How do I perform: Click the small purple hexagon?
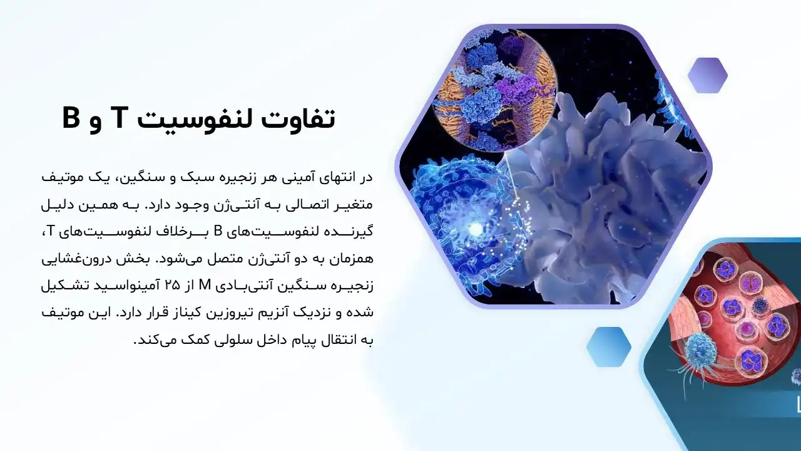pos(707,76)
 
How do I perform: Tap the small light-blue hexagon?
pos(608,346)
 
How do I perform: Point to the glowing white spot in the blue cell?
pos(475,230)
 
